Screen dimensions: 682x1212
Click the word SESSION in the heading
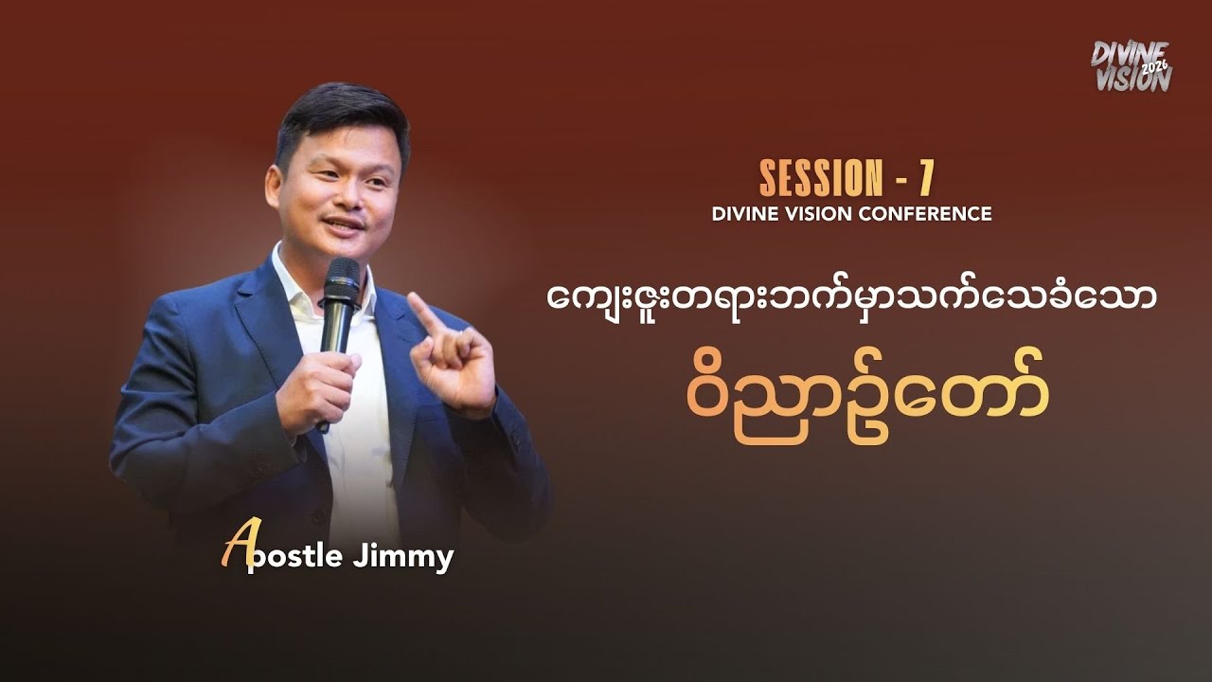[x=819, y=177]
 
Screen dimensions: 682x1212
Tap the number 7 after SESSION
[x=927, y=177]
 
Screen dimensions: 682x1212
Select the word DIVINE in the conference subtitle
[x=743, y=214]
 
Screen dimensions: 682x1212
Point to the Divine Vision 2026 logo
[x=1131, y=66]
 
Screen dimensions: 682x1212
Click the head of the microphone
[x=341, y=278]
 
